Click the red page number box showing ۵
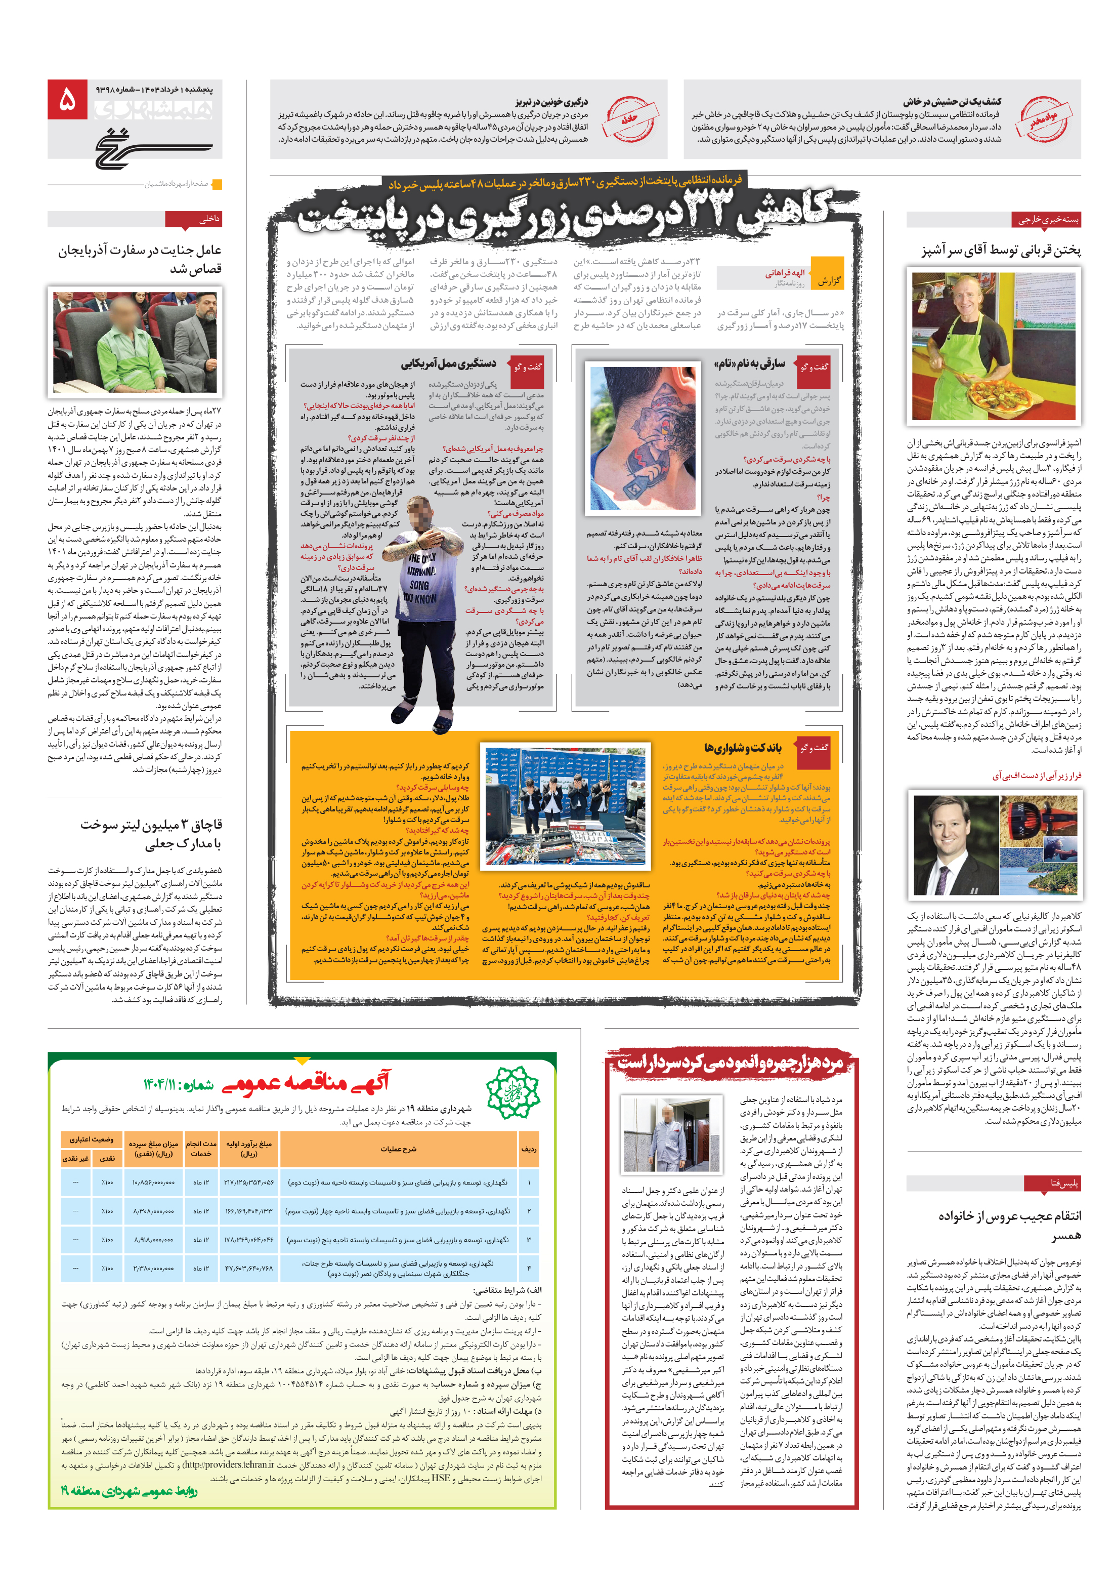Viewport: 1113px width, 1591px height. [67, 99]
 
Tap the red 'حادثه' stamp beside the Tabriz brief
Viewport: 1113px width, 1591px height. [628, 118]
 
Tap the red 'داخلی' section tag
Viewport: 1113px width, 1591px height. [194, 219]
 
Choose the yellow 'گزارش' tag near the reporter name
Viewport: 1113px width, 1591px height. [828, 280]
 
